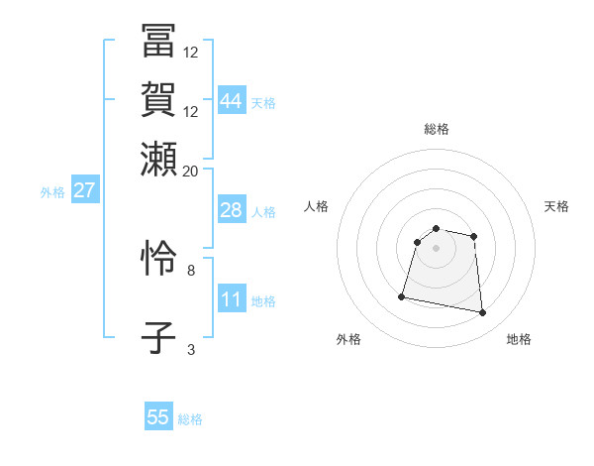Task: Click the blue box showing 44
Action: point(232,101)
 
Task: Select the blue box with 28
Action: point(232,210)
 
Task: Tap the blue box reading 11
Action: point(232,299)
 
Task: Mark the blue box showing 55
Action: point(158,417)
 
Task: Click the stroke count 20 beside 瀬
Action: point(190,171)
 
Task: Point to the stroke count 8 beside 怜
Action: point(191,269)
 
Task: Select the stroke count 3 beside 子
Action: point(191,349)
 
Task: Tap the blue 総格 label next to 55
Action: point(190,419)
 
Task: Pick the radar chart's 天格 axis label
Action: point(557,206)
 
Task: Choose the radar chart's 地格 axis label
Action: point(519,339)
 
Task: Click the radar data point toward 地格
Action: point(483,313)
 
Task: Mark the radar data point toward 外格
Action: point(402,295)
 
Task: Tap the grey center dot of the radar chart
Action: point(436,248)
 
